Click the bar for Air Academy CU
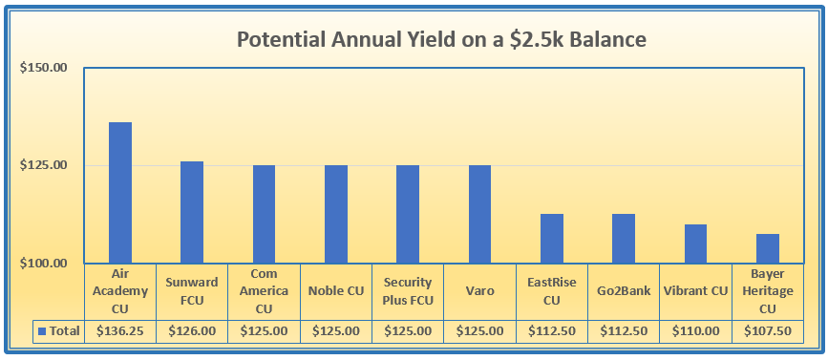pyautogui.click(x=120, y=193)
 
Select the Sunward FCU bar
pyautogui.click(x=192, y=212)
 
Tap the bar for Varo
pyautogui.click(x=479, y=214)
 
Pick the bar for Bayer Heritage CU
pyautogui.click(x=767, y=248)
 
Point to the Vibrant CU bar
pyautogui.click(x=695, y=244)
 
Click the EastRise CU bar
pyautogui.click(x=552, y=239)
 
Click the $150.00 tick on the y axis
pyautogui.click(x=44, y=68)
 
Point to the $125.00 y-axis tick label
pyautogui.click(x=44, y=165)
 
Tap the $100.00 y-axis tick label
pyautogui.click(x=44, y=263)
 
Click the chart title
pyautogui.click(x=441, y=39)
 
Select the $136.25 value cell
pyautogui.click(x=120, y=331)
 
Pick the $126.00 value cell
pyautogui.click(x=192, y=331)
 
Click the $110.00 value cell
pyautogui.click(x=695, y=331)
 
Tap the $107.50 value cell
pyautogui.click(x=768, y=331)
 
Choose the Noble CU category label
pyautogui.click(x=336, y=291)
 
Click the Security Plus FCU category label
pyautogui.click(x=408, y=291)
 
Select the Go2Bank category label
pyautogui.click(x=624, y=291)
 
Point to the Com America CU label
pyautogui.click(x=264, y=291)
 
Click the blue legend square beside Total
pyautogui.click(x=43, y=331)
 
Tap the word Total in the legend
pyautogui.click(x=65, y=331)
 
